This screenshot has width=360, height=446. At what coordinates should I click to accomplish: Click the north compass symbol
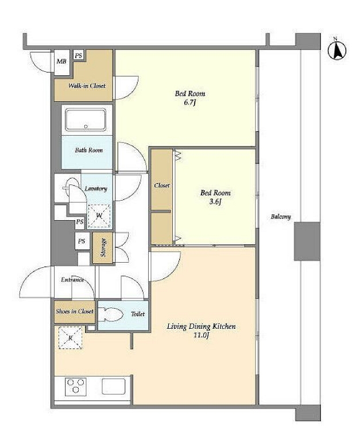pos(336,50)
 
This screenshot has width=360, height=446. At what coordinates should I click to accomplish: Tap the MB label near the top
pos(61,61)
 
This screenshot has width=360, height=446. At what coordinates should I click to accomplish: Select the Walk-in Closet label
pos(87,86)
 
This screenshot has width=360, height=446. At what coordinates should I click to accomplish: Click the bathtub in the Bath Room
pos(85,119)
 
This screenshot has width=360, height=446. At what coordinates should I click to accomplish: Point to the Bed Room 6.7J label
pos(190,98)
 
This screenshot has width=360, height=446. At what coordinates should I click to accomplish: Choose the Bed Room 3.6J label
pos(215,197)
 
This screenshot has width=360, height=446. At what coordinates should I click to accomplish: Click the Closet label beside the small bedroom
pos(162,186)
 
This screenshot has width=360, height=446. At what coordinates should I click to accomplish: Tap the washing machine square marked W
pos(99,216)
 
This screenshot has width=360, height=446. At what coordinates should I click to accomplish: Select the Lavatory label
pos(96,189)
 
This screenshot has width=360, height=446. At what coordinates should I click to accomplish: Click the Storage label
pos(103,248)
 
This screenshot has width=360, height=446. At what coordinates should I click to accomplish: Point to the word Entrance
pos(72,279)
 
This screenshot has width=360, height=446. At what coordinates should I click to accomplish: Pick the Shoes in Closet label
pos(75,312)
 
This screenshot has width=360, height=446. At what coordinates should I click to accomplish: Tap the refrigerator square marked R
pos(71,337)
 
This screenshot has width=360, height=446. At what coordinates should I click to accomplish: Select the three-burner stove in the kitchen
pos(76,387)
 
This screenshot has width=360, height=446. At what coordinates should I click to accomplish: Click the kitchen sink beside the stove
pos(114,386)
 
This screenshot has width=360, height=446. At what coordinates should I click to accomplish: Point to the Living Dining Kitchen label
pos(201,330)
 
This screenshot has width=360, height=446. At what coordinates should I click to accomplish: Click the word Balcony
pos(281,217)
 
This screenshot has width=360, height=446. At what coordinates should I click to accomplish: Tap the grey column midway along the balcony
pos(307,241)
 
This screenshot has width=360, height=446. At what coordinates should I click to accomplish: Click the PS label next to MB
pos(79,55)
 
